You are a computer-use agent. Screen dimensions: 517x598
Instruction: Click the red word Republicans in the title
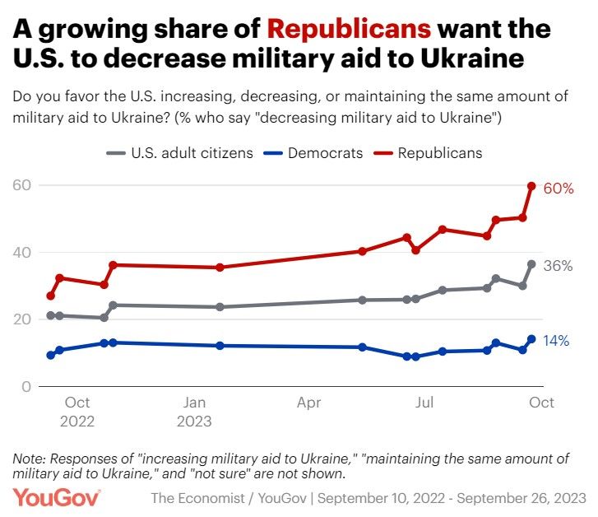click(x=350, y=30)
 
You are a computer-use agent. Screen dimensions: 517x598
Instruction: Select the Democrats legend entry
click(x=318, y=153)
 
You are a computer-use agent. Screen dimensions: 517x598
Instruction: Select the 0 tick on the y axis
click(x=26, y=386)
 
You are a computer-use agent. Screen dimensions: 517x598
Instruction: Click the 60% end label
click(x=559, y=189)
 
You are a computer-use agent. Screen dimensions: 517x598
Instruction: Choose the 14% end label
click(x=556, y=341)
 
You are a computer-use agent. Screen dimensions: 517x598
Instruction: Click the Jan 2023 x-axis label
click(x=194, y=412)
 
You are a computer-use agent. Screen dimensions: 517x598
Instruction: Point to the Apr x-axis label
click(x=308, y=403)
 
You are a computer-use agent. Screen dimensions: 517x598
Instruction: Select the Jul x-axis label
click(x=424, y=403)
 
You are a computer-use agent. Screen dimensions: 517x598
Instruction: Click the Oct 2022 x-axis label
click(x=77, y=412)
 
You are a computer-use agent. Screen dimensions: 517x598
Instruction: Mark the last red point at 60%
click(x=531, y=186)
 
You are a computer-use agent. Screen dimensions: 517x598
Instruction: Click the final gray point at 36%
click(x=531, y=264)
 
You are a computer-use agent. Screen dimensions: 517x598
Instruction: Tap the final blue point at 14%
click(x=531, y=338)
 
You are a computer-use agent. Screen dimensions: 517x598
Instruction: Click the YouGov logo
click(x=56, y=497)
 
